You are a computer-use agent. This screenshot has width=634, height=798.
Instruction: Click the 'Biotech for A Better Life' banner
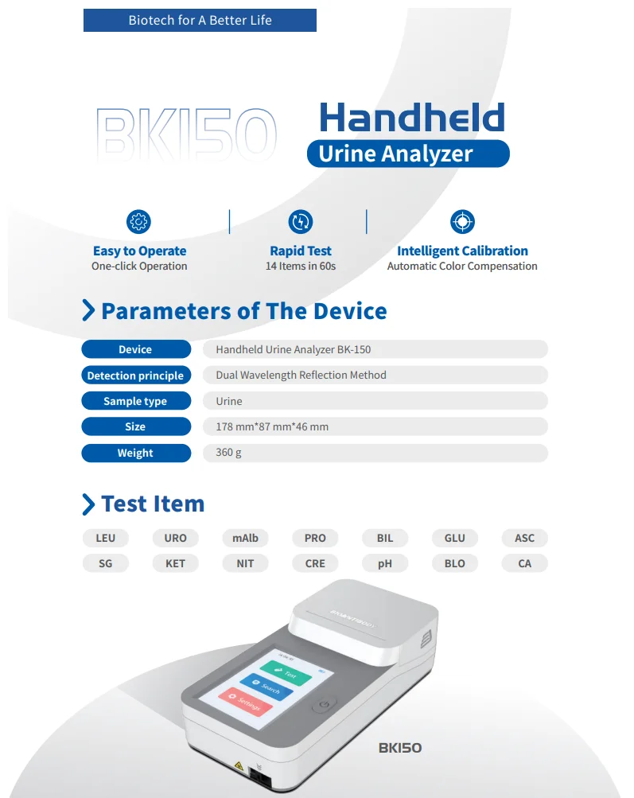200,21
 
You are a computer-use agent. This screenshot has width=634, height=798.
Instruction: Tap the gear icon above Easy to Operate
138,221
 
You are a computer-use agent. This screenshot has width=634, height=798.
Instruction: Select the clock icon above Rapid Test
301,221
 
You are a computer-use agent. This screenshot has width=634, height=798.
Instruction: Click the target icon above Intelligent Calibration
462,221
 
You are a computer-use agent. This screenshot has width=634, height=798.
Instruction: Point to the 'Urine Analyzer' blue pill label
408,154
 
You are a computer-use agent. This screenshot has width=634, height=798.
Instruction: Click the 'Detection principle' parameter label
136,376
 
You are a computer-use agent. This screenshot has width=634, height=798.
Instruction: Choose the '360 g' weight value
228,453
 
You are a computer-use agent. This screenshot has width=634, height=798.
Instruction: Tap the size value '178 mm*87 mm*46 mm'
272,426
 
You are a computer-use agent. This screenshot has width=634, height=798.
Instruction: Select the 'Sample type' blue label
136,401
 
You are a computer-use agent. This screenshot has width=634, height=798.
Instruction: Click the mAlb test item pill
245,538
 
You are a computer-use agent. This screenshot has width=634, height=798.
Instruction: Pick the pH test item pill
385,563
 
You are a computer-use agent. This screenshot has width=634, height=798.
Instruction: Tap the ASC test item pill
524,538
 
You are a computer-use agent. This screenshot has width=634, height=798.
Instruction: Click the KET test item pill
176,563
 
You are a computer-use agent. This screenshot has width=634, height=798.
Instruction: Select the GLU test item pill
455,538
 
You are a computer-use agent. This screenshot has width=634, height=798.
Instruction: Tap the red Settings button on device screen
245,702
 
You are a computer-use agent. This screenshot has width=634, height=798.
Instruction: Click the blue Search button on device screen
266,687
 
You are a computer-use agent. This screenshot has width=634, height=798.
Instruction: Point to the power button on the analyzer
324,705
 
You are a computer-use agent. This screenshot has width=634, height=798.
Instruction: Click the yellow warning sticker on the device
238,766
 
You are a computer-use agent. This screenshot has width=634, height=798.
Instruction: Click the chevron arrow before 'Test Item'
88,504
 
